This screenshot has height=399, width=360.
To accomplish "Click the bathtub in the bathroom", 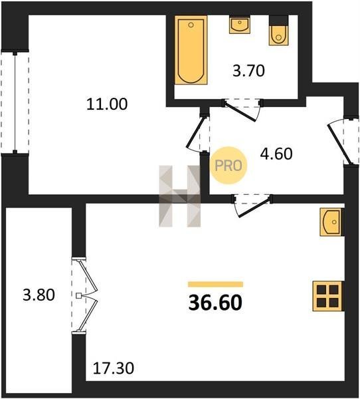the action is click(191, 50).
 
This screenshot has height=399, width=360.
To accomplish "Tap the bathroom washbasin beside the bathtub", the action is click(240, 25).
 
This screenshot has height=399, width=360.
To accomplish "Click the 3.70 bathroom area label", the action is click(249, 70).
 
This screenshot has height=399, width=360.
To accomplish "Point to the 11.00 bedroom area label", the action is click(107, 104).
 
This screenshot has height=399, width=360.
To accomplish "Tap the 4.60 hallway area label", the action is click(276, 154).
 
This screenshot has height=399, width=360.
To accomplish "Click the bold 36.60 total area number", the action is click(215, 303).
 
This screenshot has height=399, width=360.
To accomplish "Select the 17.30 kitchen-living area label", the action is click(113, 368).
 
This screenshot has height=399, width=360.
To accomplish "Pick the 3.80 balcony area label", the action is click(39, 295).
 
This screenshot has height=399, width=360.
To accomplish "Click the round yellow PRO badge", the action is click(228, 166).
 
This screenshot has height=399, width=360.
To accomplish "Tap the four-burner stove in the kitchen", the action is click(328, 296).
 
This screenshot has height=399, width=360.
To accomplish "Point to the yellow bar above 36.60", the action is click(216, 284).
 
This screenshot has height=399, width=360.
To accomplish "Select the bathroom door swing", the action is click(242, 110).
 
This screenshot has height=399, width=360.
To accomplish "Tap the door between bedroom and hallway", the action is click(198, 133).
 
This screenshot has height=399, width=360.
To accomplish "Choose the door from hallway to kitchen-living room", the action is click(252, 205).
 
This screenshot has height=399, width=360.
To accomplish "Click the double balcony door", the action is click(84, 295).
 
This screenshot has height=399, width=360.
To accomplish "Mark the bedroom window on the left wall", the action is click(15, 102).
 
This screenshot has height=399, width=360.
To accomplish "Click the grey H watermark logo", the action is click(180, 196).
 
